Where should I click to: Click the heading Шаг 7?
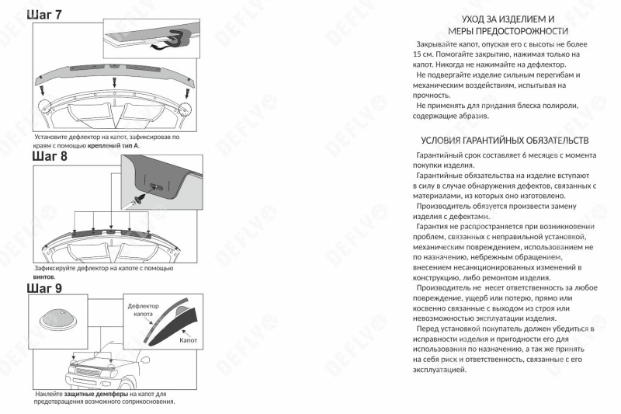click(x=46, y=16)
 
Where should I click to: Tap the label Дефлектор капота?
click(x=144, y=311)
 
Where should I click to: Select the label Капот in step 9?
click(x=189, y=340)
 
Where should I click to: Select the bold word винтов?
click(x=43, y=276)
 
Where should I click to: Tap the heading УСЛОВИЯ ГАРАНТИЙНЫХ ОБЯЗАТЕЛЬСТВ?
click(x=504, y=141)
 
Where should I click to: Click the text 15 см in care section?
click(x=423, y=56)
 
